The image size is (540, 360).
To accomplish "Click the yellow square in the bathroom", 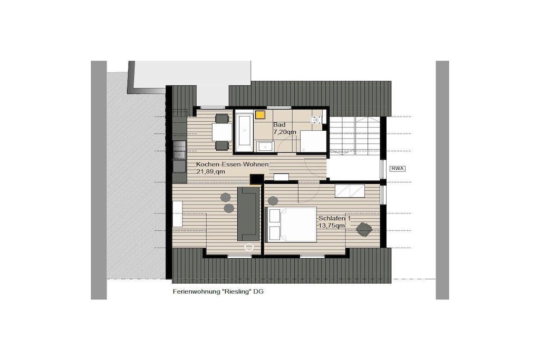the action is pos(261,114).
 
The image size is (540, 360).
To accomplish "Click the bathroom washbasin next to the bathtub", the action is pos(266,147).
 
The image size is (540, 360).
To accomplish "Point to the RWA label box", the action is pos(397,169).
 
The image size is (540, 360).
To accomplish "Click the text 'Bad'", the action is pos(279,124).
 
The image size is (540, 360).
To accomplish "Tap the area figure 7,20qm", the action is pos(284,132).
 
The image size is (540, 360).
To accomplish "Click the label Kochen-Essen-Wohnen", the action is pos(232,164).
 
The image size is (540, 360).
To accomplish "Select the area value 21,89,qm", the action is pos(211,172).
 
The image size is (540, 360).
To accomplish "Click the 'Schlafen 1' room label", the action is pos(334,218).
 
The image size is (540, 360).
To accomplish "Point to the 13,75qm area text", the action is pos(331,226).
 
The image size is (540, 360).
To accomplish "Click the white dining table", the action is pos(222,132).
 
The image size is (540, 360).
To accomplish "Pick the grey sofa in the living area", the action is pos(248,213).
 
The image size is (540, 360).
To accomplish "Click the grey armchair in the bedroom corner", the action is pos(364,229).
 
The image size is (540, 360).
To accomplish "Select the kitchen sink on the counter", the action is pos(179,150).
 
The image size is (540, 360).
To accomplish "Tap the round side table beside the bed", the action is pos(273,201).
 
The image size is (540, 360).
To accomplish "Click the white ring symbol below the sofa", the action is pos(249,247).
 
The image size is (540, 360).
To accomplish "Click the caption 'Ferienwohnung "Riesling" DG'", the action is pos(218,291).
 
